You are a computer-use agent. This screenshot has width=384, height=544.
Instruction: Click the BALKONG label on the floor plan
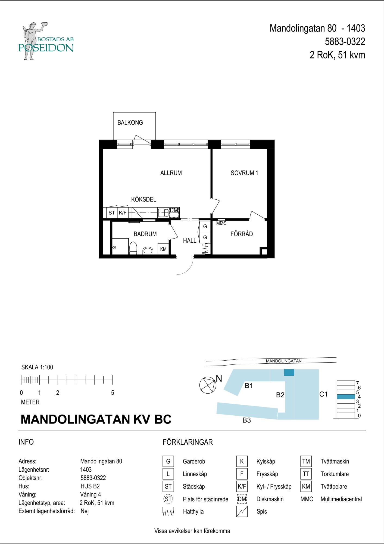point(130,123)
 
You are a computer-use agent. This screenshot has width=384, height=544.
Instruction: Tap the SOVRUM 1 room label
point(244,173)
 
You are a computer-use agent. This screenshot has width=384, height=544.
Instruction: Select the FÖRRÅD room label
point(242,234)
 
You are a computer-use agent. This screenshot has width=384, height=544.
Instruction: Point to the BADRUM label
point(145,234)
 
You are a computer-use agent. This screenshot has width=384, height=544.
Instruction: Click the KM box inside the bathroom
point(163,249)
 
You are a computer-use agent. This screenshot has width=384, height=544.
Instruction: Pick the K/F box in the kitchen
point(123,213)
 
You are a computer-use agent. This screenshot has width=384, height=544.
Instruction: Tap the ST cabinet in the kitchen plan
point(112,213)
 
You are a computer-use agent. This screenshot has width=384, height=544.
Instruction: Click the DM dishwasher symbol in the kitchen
point(174,212)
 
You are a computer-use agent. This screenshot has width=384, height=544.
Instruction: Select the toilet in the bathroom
point(133,248)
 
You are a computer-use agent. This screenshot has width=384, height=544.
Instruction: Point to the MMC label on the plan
point(221,224)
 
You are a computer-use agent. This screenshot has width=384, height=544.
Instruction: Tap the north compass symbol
point(207,385)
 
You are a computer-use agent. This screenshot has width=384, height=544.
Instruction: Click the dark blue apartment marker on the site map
point(289,372)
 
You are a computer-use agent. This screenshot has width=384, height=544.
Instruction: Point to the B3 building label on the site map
point(246,420)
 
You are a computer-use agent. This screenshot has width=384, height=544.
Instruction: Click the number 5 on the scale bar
point(113,393)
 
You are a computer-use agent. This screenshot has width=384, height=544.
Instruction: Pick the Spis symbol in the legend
point(242,511)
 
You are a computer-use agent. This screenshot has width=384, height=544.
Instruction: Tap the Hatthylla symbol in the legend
point(168,512)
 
